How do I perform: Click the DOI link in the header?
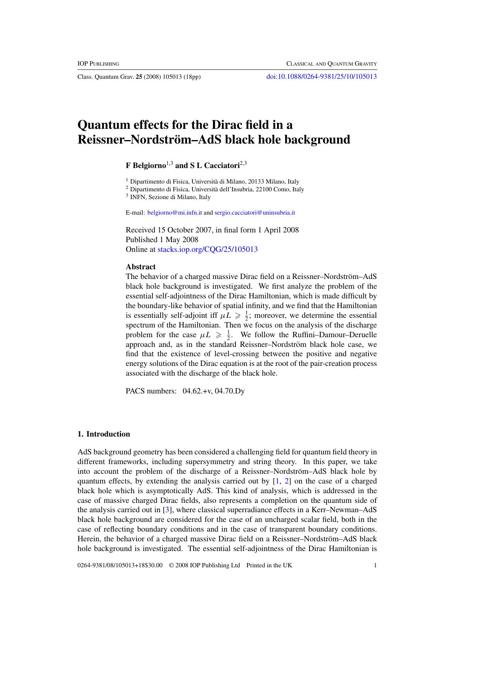(321, 76)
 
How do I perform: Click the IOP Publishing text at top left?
(98, 64)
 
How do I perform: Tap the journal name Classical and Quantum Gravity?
(331, 64)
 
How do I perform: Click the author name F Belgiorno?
(145, 166)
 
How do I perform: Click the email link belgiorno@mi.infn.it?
(175, 213)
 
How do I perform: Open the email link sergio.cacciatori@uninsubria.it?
(254, 213)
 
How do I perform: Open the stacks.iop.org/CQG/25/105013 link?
(208, 249)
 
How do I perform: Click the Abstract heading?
(140, 267)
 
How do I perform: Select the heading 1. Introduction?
(104, 434)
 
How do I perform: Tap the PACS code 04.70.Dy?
(230, 391)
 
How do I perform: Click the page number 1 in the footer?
(375, 565)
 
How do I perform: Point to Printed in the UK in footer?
(269, 565)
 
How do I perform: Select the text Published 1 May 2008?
(162, 239)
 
